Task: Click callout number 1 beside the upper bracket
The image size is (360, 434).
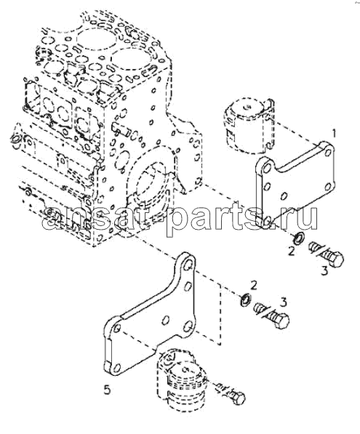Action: [x=334, y=134]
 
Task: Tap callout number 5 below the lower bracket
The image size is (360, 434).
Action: [x=107, y=390]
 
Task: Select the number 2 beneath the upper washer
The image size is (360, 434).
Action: [x=292, y=252]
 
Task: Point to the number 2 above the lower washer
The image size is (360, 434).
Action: [x=253, y=285]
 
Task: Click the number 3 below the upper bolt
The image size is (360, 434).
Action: [x=324, y=270]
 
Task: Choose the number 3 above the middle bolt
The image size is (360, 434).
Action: [x=284, y=302]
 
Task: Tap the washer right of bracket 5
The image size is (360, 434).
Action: [x=246, y=300]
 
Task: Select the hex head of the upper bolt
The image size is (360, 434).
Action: [x=336, y=260]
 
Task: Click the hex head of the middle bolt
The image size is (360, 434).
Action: [x=282, y=321]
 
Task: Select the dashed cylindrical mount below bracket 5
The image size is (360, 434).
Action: [x=181, y=379]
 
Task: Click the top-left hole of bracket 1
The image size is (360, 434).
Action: [x=268, y=168]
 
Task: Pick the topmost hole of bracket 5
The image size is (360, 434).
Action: [x=188, y=265]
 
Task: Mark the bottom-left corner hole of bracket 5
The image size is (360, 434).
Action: [x=117, y=368]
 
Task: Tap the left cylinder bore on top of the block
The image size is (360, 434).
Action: [x=95, y=39]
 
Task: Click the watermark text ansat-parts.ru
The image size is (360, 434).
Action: [x=180, y=219]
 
